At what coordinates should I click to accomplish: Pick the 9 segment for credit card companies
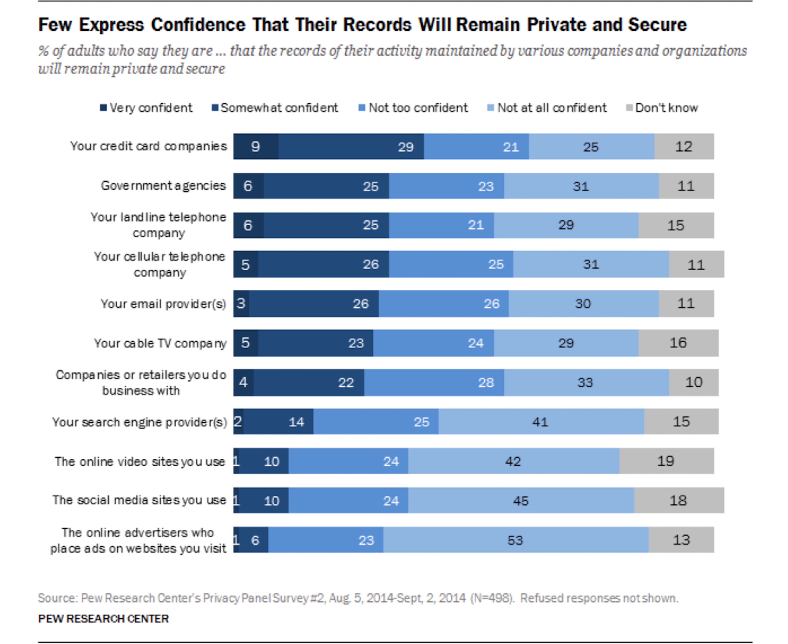[256, 147]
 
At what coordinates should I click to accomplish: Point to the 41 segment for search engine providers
[541, 422]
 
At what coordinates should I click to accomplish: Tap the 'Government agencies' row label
[163, 185]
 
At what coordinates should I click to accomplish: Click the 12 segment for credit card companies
[684, 147]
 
